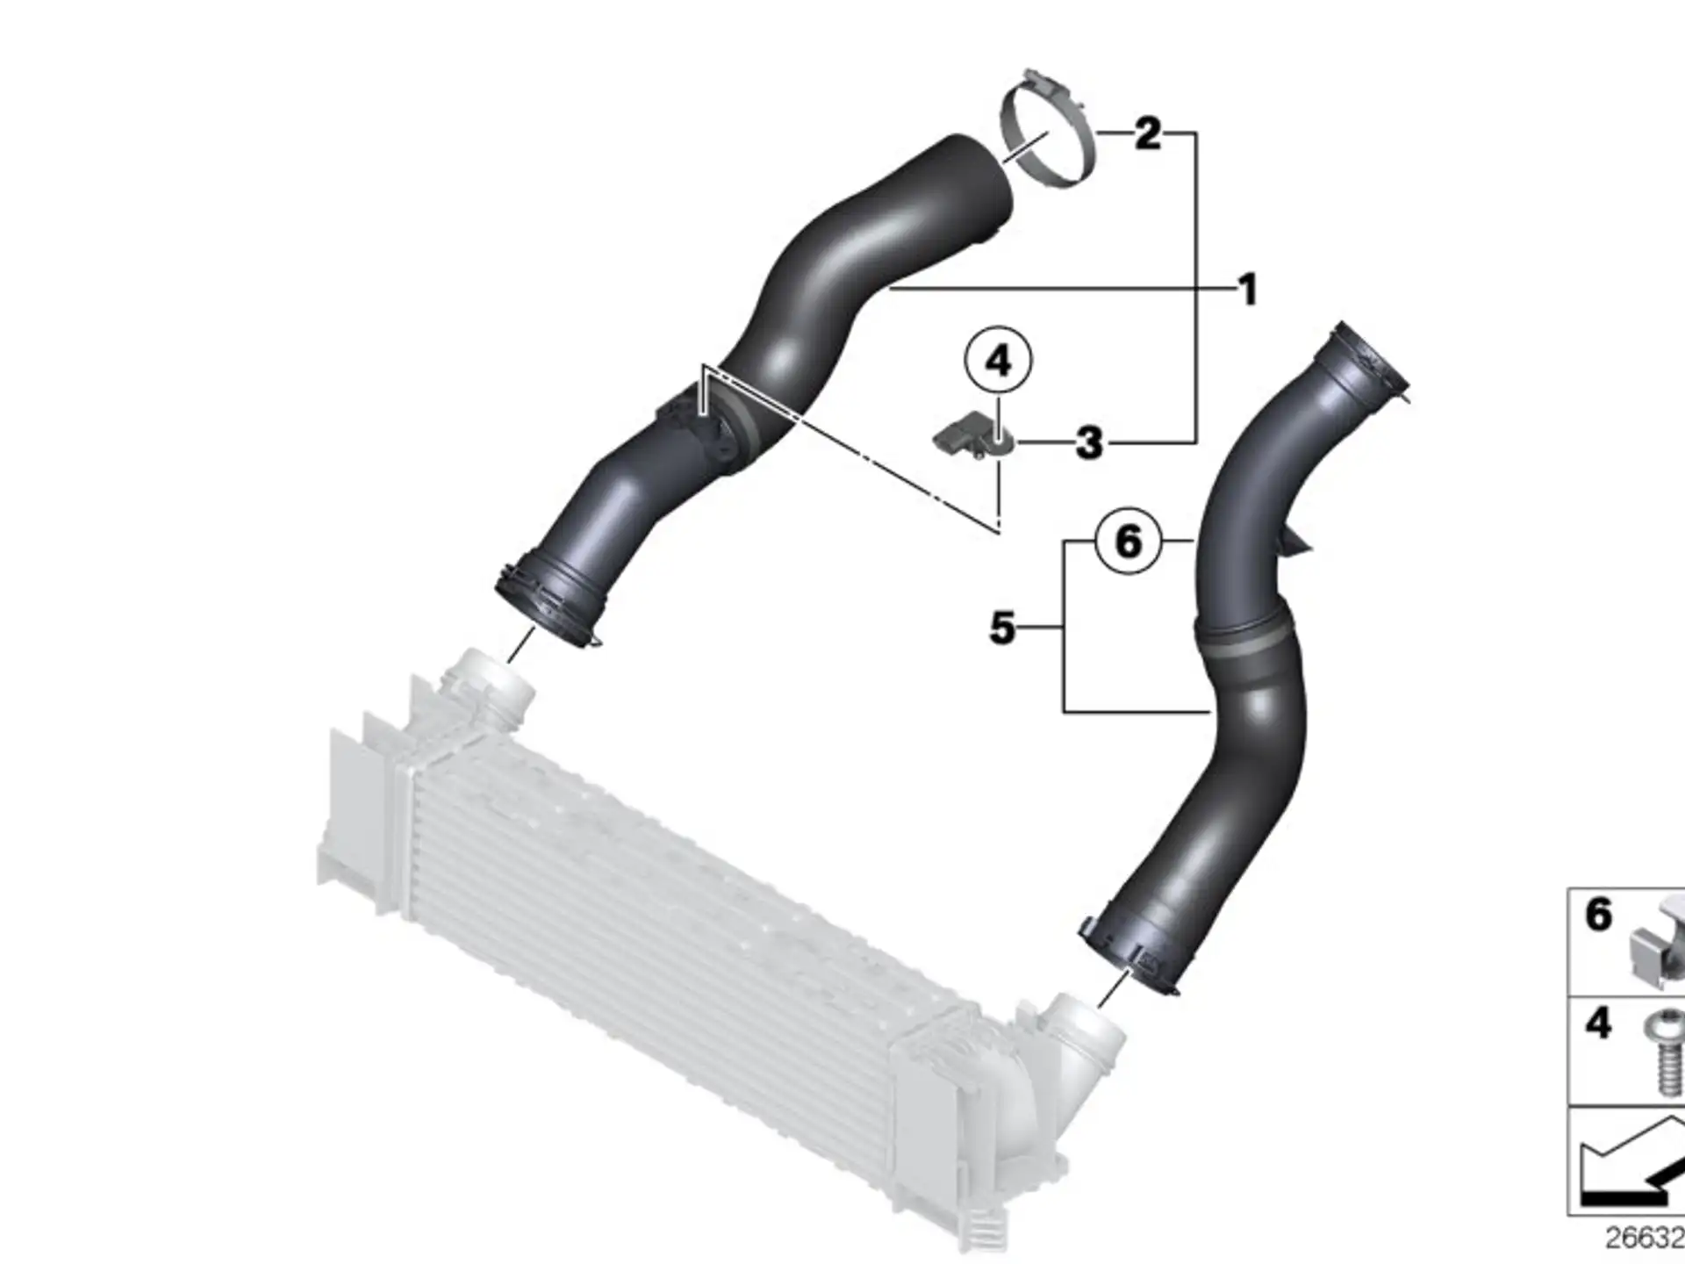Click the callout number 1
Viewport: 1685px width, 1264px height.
[1247, 290]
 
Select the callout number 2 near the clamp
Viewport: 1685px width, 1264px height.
[1148, 134]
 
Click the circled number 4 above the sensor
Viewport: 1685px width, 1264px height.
[999, 361]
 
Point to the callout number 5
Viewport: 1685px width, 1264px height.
[1002, 628]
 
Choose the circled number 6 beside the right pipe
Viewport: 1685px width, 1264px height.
[1129, 541]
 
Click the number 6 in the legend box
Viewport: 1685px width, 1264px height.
[1598, 916]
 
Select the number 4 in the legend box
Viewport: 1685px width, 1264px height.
[1598, 1024]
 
